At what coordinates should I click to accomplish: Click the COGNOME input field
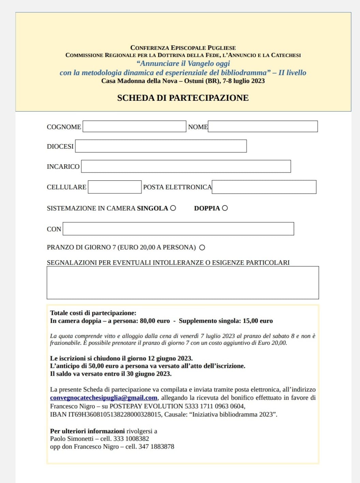(134, 126)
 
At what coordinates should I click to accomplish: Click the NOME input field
(263, 126)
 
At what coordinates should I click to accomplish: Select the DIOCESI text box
(161, 146)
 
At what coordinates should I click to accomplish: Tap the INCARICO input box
(186, 166)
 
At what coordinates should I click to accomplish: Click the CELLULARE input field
(115, 187)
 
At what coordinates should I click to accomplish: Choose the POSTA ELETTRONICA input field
(264, 187)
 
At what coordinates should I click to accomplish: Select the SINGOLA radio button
(173, 208)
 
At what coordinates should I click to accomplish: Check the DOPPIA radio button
(225, 208)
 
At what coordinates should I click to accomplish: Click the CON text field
(178, 229)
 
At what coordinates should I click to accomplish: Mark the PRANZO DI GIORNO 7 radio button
(202, 248)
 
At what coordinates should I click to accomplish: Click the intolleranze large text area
(183, 283)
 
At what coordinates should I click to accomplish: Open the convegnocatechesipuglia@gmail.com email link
(104, 398)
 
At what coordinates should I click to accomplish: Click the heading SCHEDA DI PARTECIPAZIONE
(183, 98)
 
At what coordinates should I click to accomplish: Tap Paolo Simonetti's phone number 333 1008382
(131, 439)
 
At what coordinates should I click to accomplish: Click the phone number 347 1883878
(156, 446)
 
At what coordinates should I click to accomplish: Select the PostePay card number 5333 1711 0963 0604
(215, 406)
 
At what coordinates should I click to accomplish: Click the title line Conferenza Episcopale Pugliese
(183, 48)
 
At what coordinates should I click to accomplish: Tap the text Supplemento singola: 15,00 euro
(226, 321)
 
